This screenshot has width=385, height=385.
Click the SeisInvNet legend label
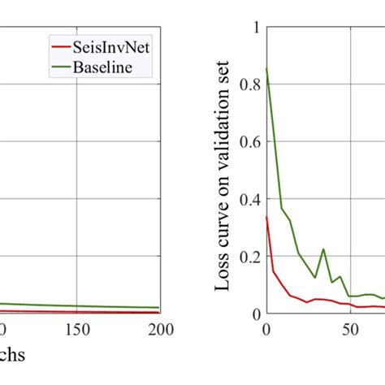pos(113,46)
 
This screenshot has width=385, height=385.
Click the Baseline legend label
pos(105,66)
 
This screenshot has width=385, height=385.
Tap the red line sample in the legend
pos(61,46)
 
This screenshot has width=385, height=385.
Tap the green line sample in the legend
pos(61,66)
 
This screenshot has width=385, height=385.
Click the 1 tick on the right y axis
pos(254,27)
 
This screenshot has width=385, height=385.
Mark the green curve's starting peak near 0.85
pos(266,69)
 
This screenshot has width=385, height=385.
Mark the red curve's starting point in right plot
pos(266,217)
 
